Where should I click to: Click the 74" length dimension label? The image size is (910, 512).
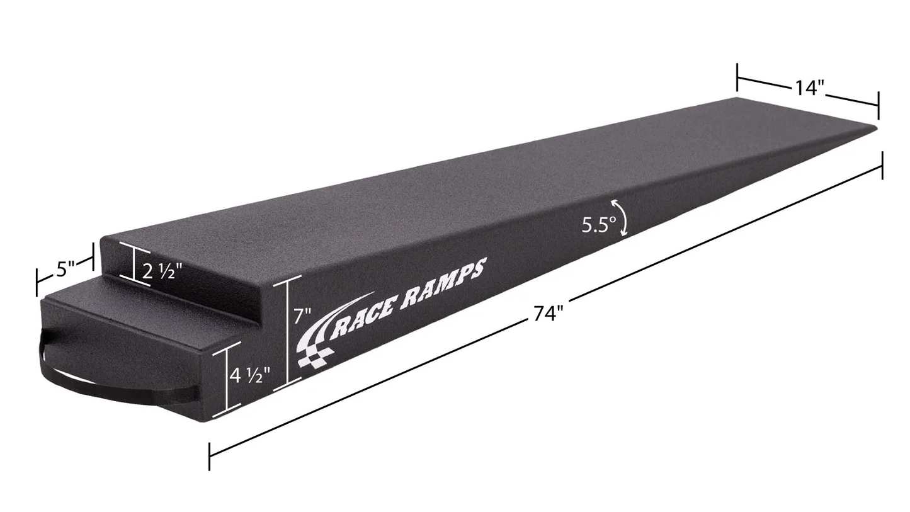click(548, 313)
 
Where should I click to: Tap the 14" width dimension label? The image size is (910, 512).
click(809, 88)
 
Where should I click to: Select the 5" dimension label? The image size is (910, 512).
click(65, 269)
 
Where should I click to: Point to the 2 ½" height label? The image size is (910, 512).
click(162, 271)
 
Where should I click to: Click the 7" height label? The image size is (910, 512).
click(302, 316)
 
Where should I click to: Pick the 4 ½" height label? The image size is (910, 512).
click(249, 376)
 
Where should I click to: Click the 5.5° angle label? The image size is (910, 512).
click(598, 225)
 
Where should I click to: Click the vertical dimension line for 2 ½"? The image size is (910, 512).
click(134, 263)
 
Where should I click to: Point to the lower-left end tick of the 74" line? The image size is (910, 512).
click(209, 456)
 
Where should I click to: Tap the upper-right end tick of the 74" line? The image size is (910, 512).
click(882, 165)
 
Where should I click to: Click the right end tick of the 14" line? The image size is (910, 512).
click(878, 105)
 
